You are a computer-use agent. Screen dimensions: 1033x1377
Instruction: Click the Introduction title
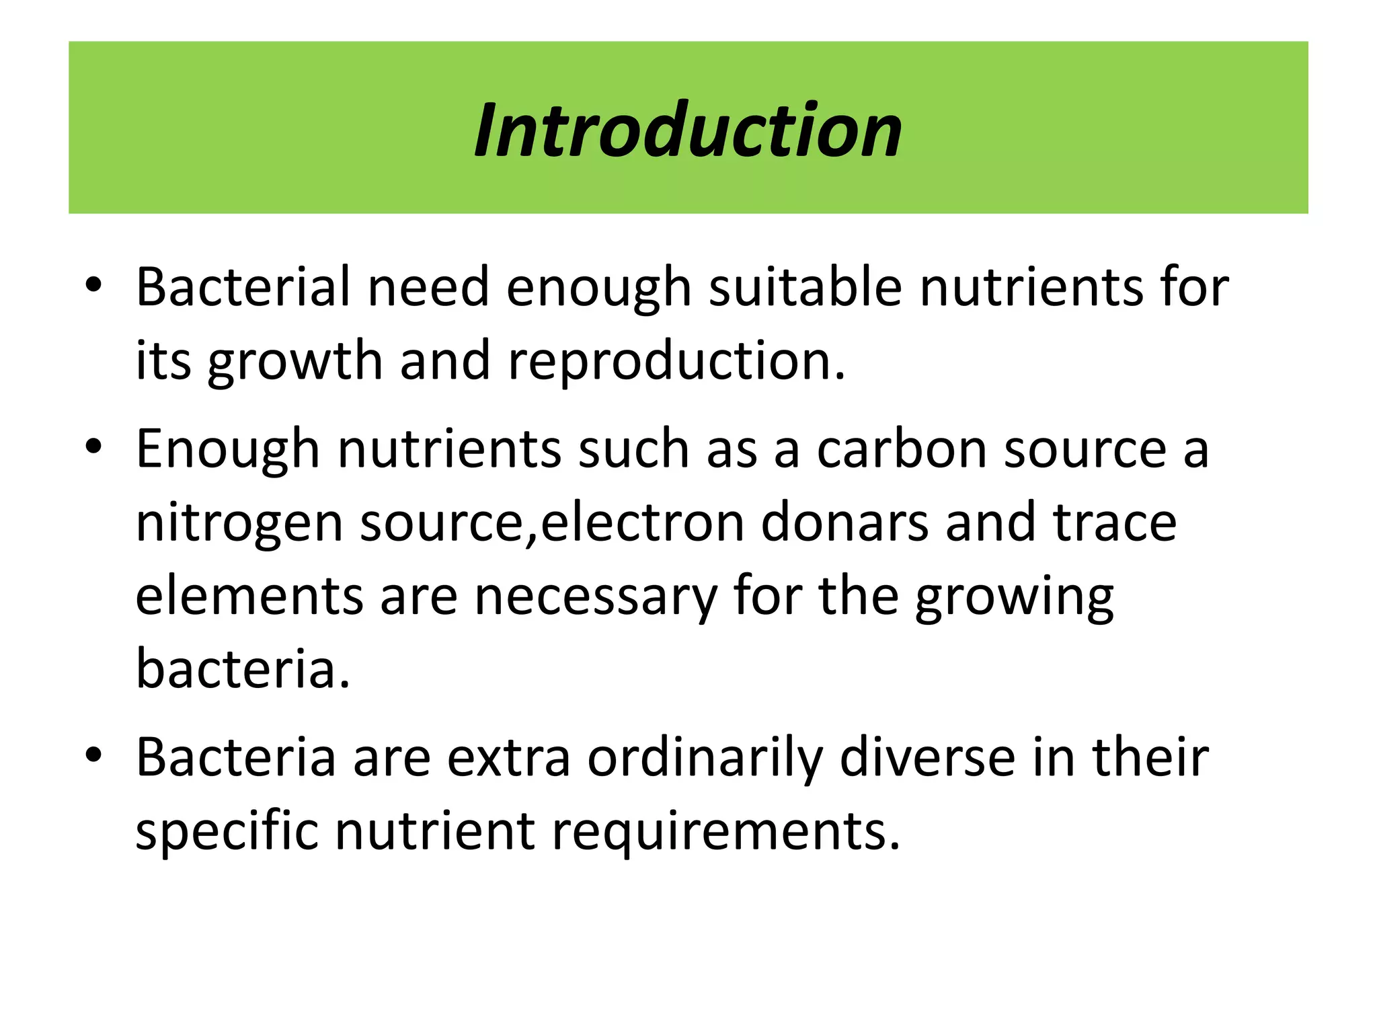(688, 129)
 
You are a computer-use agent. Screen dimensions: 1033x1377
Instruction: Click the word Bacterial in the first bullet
(243, 287)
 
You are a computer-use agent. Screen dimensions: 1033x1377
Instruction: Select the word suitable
(805, 287)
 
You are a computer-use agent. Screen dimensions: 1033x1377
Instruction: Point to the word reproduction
(676, 361)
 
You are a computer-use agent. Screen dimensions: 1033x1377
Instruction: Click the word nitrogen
(239, 523)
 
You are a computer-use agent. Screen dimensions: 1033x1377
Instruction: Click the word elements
(249, 597)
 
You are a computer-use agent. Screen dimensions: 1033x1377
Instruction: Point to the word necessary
(596, 597)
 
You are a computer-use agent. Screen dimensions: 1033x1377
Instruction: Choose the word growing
(1015, 597)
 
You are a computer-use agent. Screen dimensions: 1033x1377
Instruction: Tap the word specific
(227, 832)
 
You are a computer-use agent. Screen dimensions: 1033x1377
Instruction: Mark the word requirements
(725, 832)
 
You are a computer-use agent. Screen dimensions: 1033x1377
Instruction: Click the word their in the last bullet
(1150, 758)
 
